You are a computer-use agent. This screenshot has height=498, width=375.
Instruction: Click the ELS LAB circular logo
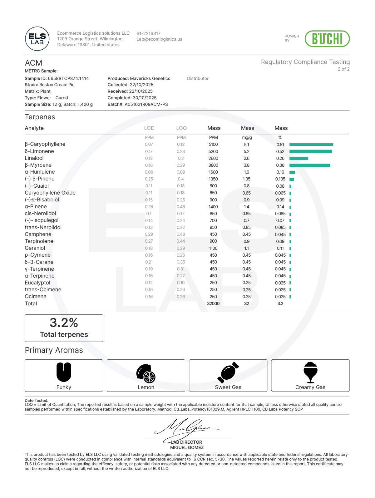point(37,39)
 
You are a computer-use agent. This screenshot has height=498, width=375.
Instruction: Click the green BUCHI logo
point(327,39)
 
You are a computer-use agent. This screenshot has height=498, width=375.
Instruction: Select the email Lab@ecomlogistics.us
point(159,39)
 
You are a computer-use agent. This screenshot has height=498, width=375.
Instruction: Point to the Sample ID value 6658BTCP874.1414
point(68,78)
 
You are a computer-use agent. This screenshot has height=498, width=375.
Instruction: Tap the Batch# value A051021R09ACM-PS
point(146,104)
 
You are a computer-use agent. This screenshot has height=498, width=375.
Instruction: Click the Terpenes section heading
point(40,117)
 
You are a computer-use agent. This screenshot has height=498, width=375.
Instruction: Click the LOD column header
point(149,128)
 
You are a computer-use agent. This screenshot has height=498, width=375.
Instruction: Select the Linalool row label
point(34,158)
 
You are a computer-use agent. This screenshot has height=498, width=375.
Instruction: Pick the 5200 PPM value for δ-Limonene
point(213,151)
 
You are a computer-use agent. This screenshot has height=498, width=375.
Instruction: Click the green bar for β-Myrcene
point(309,165)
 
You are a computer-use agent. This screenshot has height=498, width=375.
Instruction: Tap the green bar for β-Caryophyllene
point(311,144)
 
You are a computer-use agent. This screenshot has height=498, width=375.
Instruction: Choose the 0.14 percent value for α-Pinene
point(280,207)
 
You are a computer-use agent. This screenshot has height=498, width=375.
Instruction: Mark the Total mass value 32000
point(213,303)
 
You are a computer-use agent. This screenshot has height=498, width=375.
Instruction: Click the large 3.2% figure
point(64,323)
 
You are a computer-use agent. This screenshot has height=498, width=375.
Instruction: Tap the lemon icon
point(146,373)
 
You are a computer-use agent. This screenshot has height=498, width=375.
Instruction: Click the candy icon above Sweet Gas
point(228,372)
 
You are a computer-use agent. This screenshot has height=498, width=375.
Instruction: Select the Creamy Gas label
point(310,387)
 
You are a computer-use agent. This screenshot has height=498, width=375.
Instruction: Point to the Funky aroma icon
point(64,372)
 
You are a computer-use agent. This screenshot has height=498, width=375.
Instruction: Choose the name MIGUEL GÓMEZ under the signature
point(187,447)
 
